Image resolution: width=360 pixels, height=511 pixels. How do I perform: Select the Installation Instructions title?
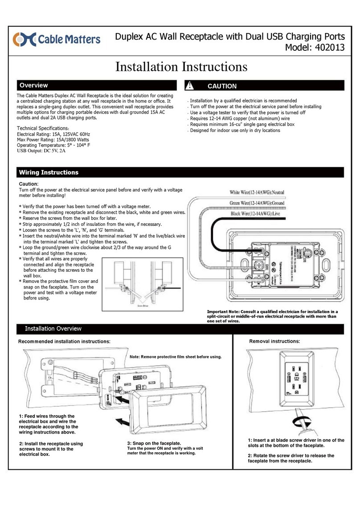pos(181,67)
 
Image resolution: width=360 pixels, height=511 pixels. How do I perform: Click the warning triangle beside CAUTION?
pos(190,86)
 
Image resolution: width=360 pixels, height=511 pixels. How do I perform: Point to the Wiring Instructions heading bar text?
pos(48,172)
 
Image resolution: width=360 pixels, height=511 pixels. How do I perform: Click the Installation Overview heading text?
pos(53,328)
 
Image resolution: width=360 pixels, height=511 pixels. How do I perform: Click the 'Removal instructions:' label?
pos(274,341)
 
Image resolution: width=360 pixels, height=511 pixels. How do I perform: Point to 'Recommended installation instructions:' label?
pos(64,341)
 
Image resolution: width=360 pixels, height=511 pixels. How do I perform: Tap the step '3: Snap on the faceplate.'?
pos(154,444)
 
